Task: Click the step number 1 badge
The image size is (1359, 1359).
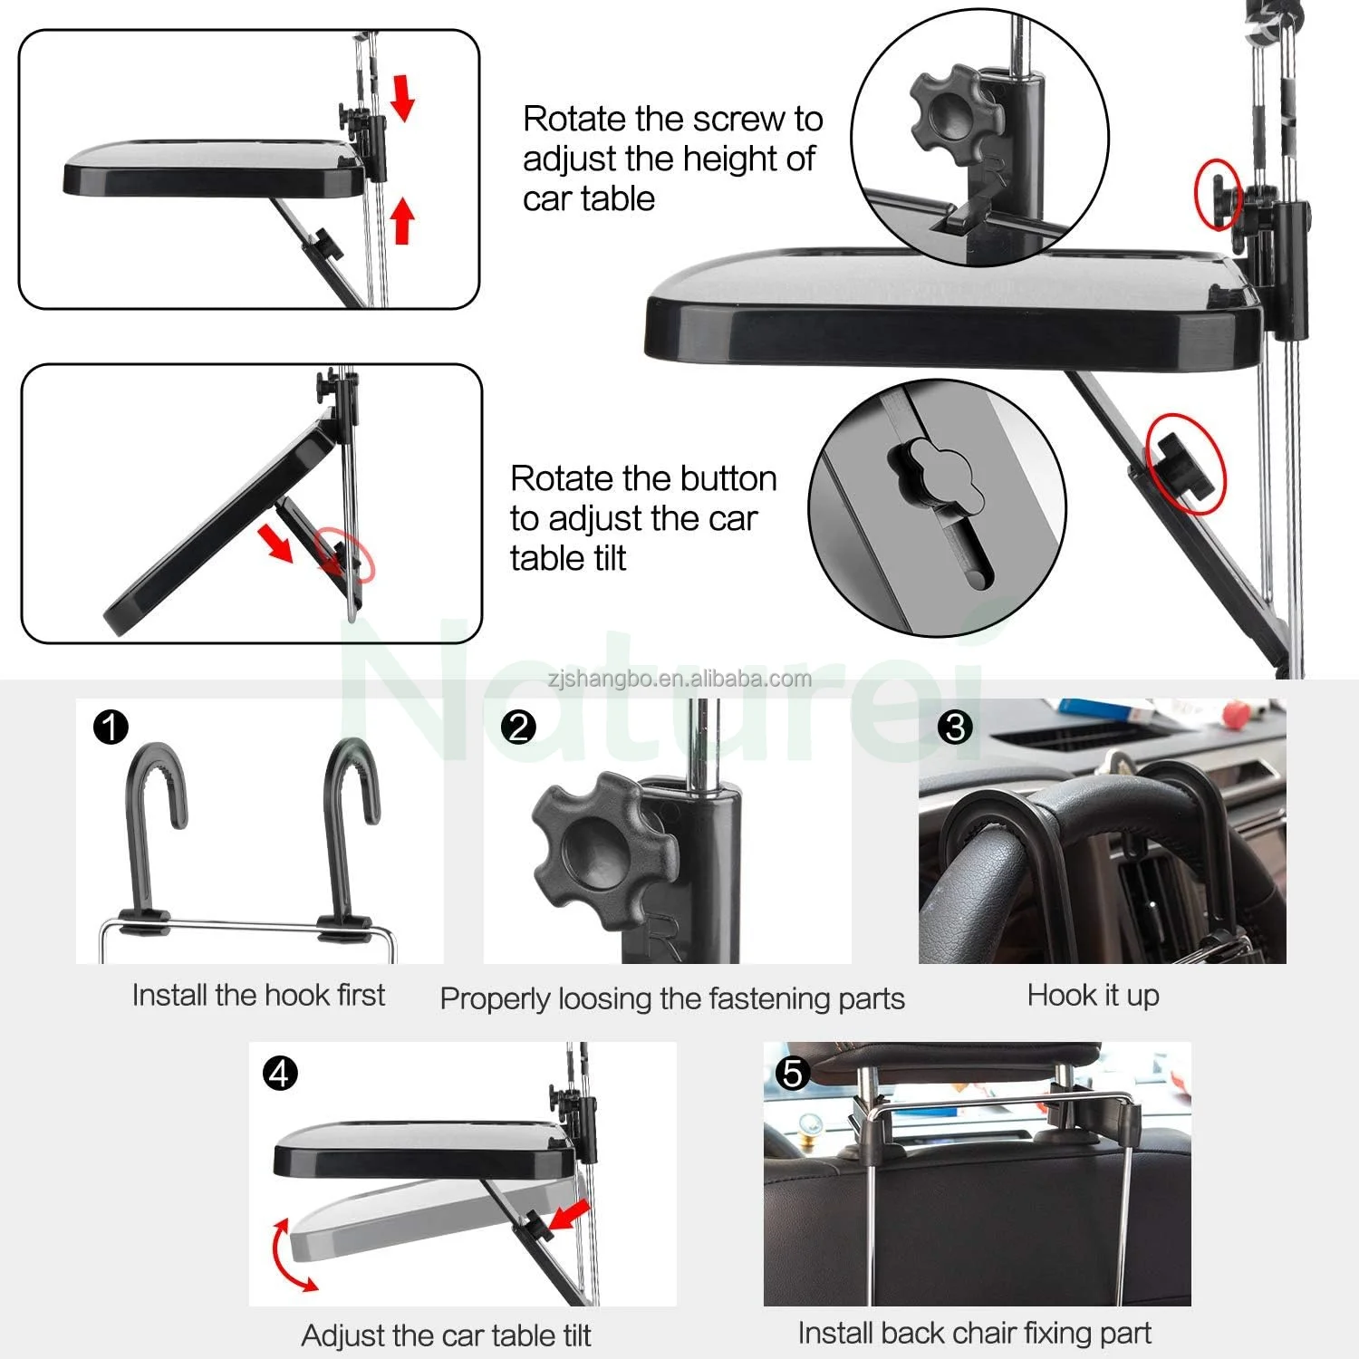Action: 111,727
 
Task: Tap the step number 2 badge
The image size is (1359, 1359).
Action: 518,727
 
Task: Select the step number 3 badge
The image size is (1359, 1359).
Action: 955,727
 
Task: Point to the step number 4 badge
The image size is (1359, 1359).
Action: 280,1074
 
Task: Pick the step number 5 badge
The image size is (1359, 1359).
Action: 793,1074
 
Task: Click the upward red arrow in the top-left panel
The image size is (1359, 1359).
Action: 402,221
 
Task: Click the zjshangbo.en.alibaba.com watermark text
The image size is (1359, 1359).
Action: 679,679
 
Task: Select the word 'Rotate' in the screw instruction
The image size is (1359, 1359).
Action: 574,119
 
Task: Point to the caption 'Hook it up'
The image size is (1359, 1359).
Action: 1093,995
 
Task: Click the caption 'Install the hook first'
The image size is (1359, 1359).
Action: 258,995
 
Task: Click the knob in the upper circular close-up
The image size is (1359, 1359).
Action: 956,117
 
